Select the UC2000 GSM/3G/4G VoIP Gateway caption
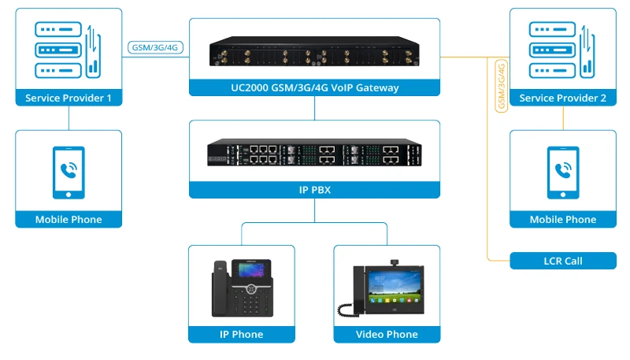[314, 87]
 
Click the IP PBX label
[314, 190]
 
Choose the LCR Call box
[562, 261]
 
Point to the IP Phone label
[241, 335]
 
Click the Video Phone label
[387, 335]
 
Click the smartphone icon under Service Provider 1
[69, 171]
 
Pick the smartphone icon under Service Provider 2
[562, 171]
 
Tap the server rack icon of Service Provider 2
[551, 50]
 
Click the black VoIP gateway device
[314, 53]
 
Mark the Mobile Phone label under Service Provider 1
[69, 220]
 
